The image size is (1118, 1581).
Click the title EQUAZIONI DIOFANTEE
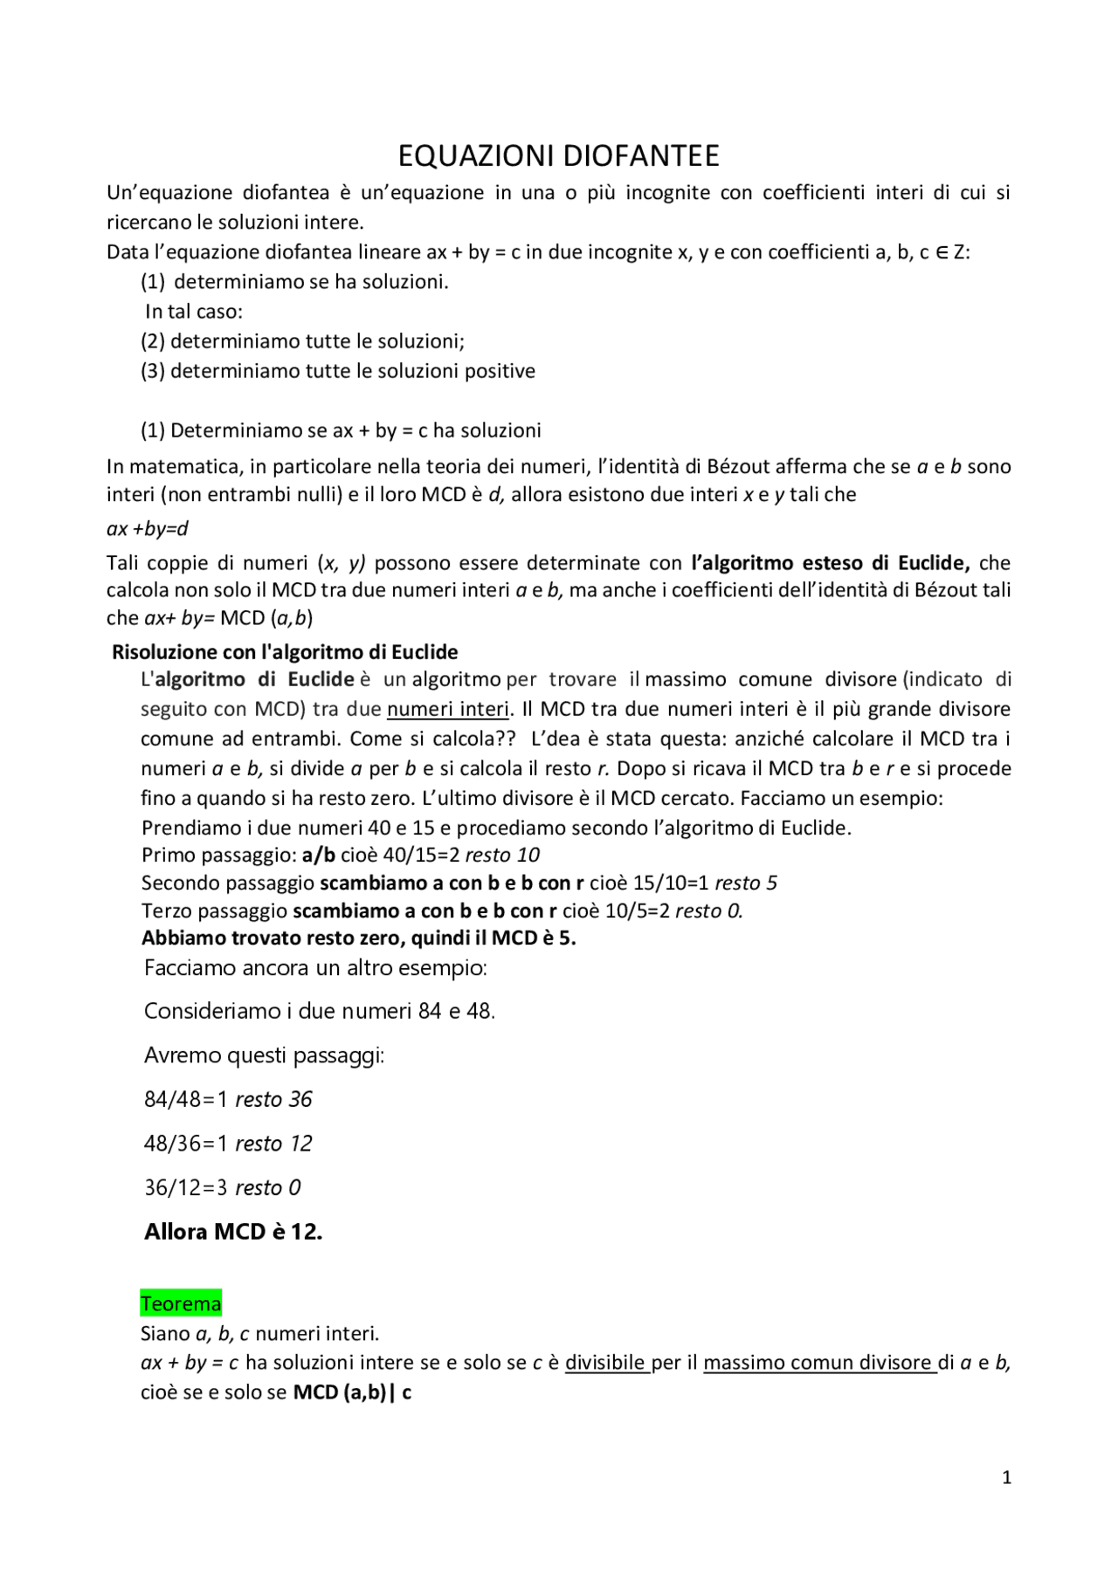558,155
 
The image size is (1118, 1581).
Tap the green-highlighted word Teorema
181,1303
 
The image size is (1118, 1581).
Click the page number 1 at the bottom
1006,1477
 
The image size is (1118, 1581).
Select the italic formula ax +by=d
148,528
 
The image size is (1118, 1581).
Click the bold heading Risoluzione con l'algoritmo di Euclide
285,651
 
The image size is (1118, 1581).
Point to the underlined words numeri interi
447,708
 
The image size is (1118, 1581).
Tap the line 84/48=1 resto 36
228,1099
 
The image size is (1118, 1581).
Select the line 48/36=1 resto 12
228,1143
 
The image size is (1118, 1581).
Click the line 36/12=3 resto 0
223,1187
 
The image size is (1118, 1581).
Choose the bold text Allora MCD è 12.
233,1232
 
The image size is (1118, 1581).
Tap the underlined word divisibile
606,1362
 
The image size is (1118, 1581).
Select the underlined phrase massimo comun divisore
818,1362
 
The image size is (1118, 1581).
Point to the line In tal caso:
194,311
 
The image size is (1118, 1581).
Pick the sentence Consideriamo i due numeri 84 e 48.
320,1011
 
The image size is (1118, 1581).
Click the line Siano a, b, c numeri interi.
259,1333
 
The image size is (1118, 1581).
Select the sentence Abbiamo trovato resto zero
358,938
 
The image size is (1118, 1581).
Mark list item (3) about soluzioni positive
338,370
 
